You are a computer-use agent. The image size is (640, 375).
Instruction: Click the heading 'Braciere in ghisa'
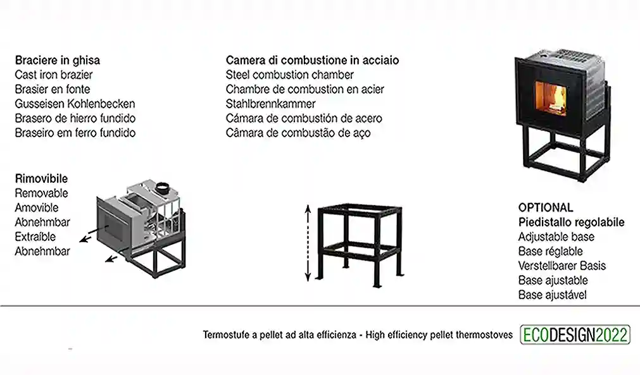coord(58,61)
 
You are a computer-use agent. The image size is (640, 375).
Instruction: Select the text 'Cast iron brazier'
coord(54,75)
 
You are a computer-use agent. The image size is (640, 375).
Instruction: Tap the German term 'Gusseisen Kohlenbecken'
coord(75,104)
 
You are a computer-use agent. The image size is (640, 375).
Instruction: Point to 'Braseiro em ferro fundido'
coord(75,133)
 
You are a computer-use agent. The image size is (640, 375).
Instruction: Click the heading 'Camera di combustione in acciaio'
coord(313,61)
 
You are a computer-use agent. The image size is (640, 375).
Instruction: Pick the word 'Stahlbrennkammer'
coord(270,104)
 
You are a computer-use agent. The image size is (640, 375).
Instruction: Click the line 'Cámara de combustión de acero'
coord(304,118)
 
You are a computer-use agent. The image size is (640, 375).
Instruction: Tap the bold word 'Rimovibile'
coord(41,179)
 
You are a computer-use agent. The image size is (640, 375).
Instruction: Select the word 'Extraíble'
coord(35,237)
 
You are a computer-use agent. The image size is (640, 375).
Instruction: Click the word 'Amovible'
coord(37,207)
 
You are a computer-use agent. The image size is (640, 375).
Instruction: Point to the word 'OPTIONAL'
coord(546,207)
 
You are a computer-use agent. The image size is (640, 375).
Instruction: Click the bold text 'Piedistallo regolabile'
coord(572,223)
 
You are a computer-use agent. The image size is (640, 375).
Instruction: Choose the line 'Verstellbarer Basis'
coord(562,266)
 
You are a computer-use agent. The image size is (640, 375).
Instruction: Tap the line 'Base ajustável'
coord(553,295)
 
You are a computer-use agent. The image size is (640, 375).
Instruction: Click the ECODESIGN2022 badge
coord(575,335)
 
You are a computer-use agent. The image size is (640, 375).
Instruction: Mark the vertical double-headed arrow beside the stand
coord(308,243)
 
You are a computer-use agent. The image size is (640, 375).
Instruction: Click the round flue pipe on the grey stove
coord(163,188)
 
